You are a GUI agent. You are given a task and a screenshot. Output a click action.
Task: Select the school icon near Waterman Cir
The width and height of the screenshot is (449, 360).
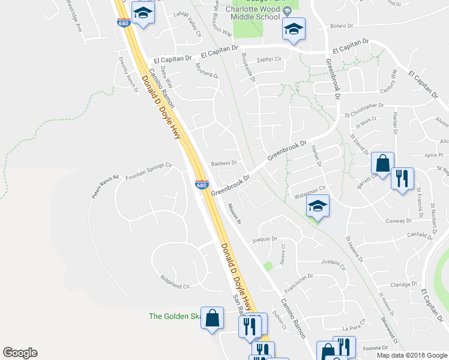pyautogui.click(x=318, y=208)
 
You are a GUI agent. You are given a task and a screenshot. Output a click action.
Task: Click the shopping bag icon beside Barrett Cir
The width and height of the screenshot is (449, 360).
pyautogui.click(x=382, y=163)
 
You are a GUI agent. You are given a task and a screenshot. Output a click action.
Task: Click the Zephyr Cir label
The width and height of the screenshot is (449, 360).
pyautogui.click(x=269, y=59)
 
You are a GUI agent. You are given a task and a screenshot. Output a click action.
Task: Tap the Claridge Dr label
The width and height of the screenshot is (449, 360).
pyautogui.click(x=403, y=285)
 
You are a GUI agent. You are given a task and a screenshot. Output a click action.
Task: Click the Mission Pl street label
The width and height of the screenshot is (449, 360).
pyautogui.click(x=234, y=213)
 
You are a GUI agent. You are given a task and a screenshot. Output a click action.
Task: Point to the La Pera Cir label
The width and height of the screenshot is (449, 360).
pyautogui.click(x=353, y=328)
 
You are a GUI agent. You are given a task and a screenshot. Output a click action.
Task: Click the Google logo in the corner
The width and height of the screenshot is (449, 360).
pyautogui.click(x=20, y=353)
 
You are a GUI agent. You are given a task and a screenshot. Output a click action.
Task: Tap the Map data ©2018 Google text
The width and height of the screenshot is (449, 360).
pyautogui.click(x=411, y=355)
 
